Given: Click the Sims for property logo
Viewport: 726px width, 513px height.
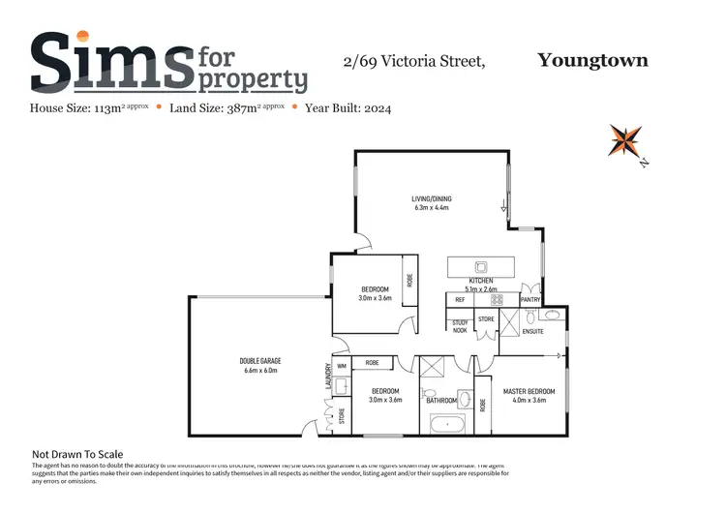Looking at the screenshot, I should click(169, 62).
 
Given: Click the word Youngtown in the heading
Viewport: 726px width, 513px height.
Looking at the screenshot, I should click(592, 61).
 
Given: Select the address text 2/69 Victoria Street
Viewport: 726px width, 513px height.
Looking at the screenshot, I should click(412, 62).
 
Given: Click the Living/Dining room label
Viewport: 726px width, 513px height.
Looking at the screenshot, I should click(433, 203).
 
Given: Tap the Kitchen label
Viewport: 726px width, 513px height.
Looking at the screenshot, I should click(481, 285).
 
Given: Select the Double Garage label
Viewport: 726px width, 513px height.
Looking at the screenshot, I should click(258, 365).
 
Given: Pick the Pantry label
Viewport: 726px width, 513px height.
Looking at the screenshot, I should click(530, 300).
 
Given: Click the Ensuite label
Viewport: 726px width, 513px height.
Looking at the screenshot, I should click(532, 331).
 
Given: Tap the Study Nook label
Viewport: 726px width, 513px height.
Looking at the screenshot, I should click(459, 327).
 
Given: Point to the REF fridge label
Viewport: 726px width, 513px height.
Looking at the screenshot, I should click(461, 300).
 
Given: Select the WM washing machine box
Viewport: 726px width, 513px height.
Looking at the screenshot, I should click(341, 367).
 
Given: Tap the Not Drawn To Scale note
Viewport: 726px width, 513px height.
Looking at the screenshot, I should click(77, 454).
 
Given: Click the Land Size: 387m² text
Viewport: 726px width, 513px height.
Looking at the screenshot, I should click(225, 108).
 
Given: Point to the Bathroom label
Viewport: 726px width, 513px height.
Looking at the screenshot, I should click(441, 399).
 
